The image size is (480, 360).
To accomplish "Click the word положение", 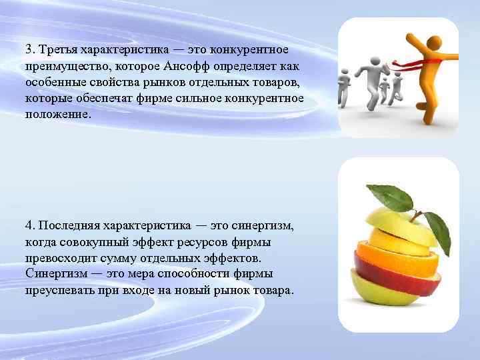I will (56, 114).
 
